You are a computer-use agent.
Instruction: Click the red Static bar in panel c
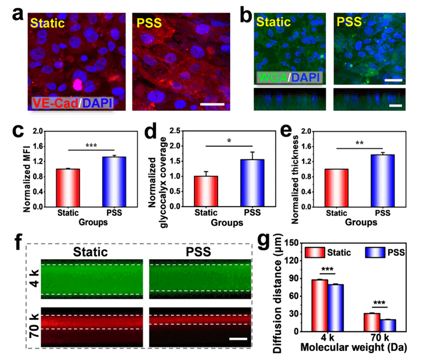tap(67, 188)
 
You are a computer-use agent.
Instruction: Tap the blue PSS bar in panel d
tap(252, 183)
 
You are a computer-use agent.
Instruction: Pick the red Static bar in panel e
tap(336, 188)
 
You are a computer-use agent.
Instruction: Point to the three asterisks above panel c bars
tap(91, 145)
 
